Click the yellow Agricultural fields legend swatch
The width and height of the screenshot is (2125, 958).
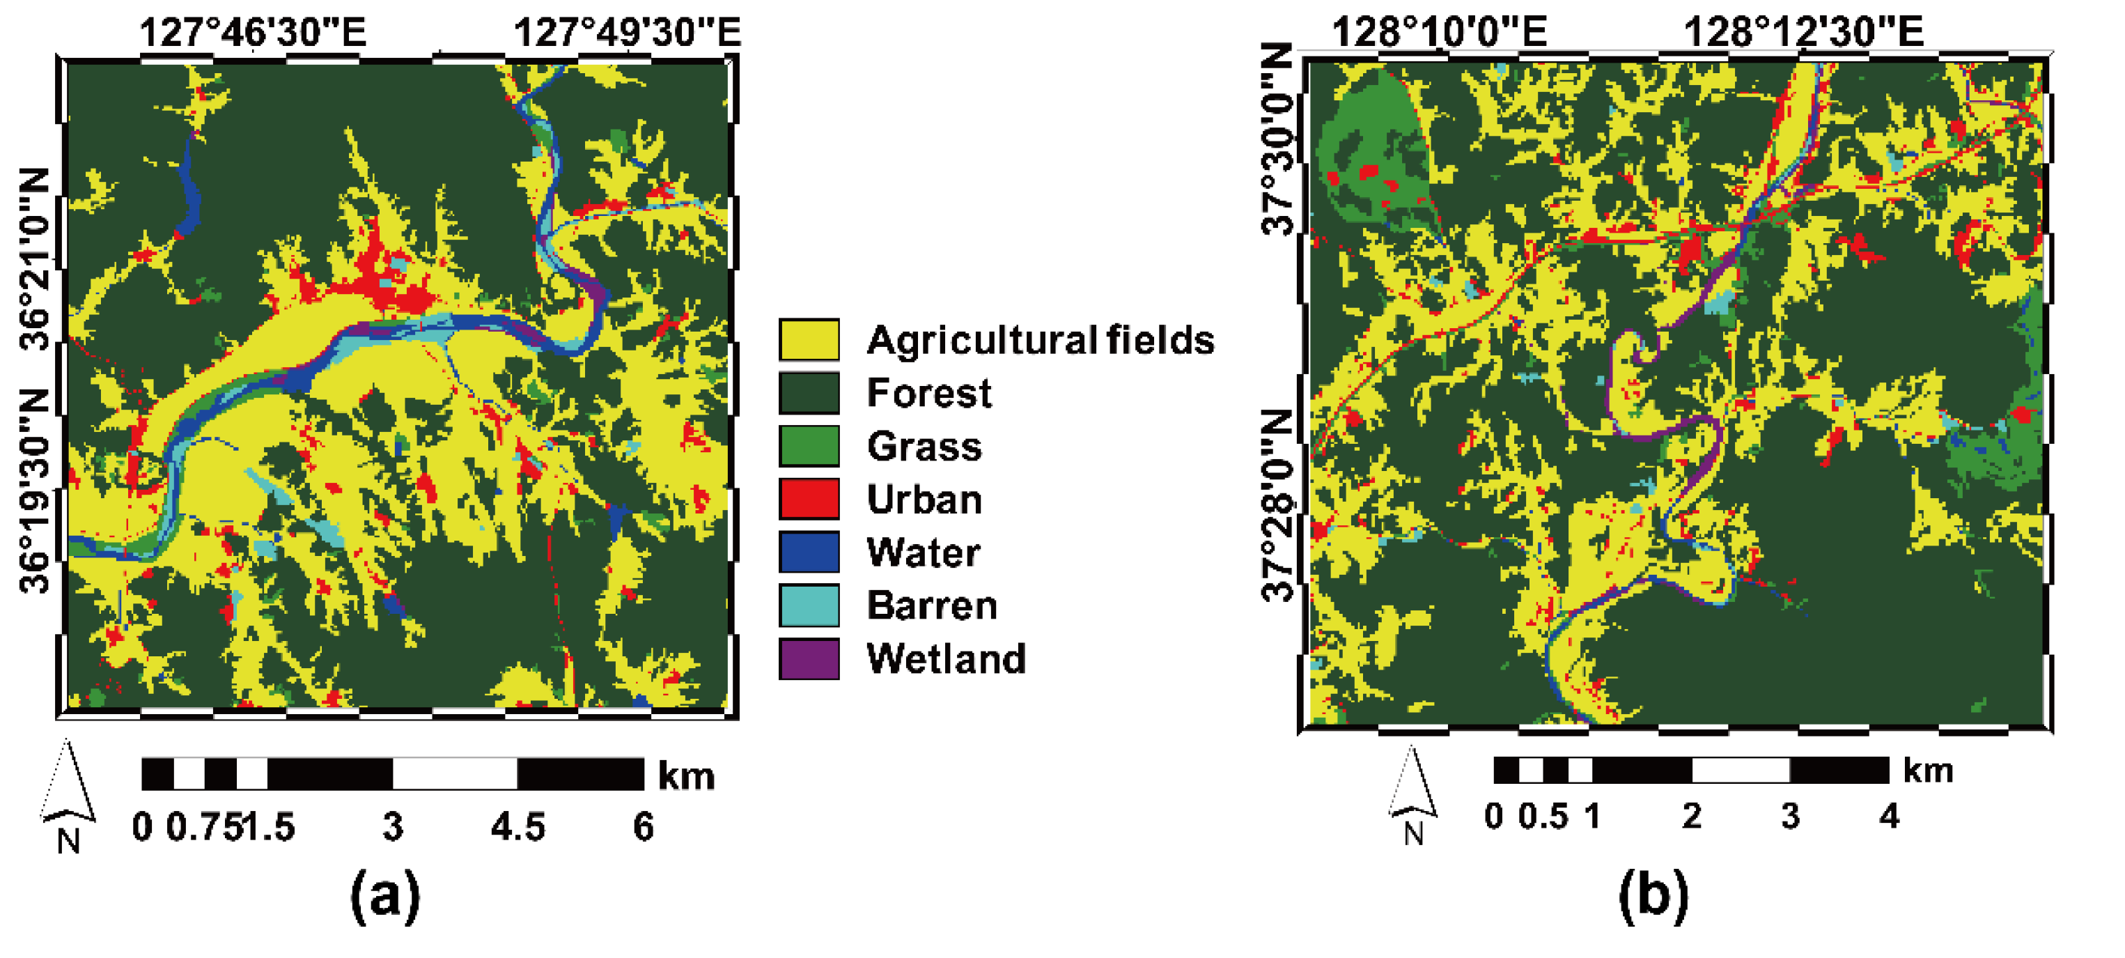click(809, 339)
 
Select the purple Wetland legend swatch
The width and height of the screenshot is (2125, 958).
click(809, 658)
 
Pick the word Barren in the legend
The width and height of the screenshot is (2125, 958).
click(931, 605)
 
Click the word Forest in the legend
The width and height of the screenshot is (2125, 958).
click(928, 393)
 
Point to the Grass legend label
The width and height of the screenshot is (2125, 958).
click(924, 447)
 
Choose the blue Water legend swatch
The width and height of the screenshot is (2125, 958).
click(809, 552)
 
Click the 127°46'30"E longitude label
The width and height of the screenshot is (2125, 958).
click(252, 33)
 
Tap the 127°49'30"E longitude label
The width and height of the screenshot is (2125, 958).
click(627, 33)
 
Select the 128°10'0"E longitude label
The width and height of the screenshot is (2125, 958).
click(1439, 33)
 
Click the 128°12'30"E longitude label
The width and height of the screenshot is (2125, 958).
click(1803, 33)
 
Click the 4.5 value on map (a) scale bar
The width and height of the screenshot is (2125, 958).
click(518, 827)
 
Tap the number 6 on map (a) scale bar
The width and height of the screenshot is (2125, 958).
click(644, 827)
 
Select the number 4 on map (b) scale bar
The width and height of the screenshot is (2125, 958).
click(1889, 817)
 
